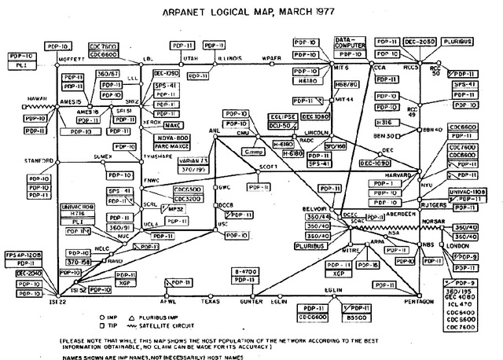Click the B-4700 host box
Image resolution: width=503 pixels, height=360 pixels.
[x=249, y=270]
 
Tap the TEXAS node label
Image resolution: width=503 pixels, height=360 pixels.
[x=209, y=300]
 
